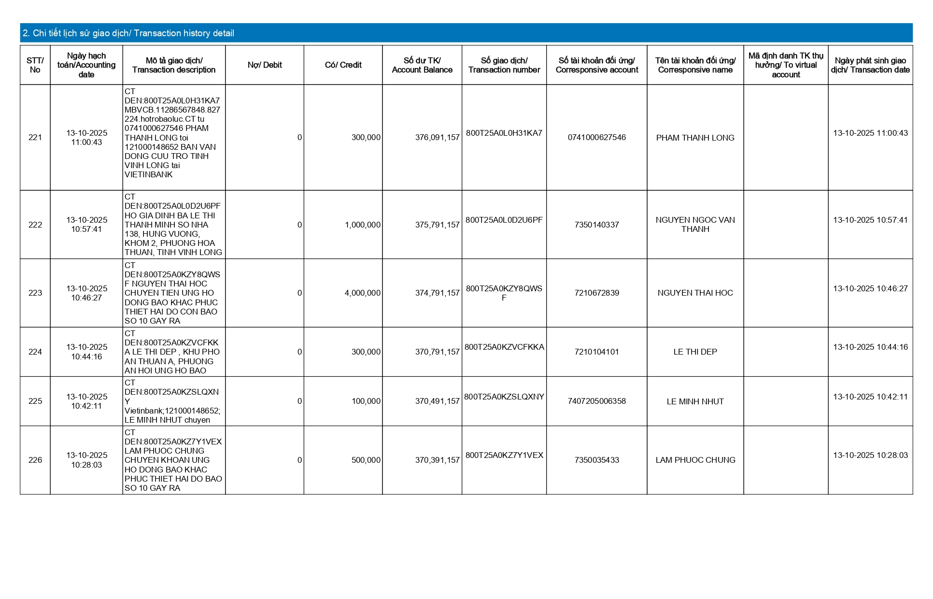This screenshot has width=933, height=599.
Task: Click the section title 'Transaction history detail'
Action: pos(128,33)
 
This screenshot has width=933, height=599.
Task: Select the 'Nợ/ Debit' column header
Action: pos(265,65)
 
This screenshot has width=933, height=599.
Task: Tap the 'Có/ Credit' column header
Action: pos(343,65)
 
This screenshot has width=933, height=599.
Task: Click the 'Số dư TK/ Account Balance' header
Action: pos(422,65)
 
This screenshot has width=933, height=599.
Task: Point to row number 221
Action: pos(35,138)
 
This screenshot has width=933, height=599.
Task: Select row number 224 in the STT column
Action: pos(35,352)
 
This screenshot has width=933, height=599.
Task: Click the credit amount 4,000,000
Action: pos(362,293)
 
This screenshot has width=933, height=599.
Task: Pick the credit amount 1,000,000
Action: pos(362,225)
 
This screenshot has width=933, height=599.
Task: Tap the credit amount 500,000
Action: pos(366,460)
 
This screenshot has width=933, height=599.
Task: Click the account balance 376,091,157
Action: pos(437,138)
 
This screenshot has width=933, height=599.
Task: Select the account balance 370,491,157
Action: pos(437,401)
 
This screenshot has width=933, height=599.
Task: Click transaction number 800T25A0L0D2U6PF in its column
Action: pos(504,220)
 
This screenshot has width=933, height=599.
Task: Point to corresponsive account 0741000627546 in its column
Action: pos(596,138)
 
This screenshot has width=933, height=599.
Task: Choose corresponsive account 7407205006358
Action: pos(596,401)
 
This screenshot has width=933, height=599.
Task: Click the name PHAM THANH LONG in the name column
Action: pos(695,138)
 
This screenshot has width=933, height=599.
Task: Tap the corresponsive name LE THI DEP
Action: pos(695,352)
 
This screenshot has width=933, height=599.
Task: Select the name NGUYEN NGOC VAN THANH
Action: pos(695,225)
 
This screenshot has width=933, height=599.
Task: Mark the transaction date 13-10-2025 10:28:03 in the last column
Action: pos(870,456)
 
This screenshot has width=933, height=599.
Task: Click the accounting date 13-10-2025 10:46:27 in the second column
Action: pos(87,293)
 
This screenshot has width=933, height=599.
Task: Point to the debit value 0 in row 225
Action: pos(299,401)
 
